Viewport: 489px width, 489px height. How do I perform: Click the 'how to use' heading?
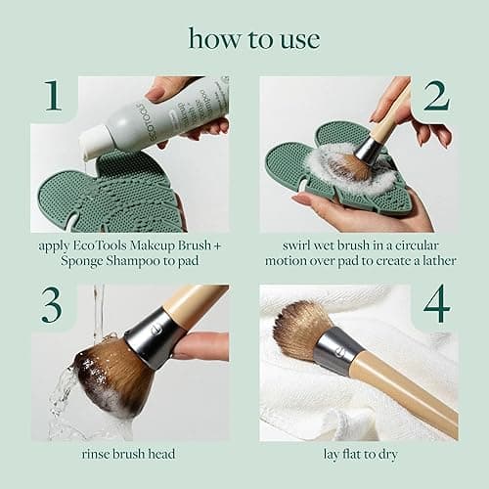click(x=244, y=38)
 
